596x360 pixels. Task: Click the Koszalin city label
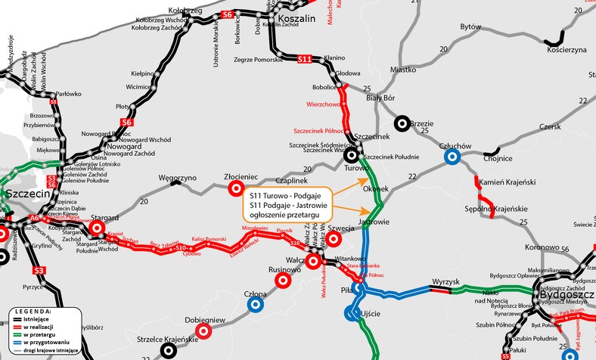(x=303, y=17)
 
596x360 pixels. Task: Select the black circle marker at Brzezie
(x=402, y=123)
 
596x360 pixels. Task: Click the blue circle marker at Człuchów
(x=452, y=157)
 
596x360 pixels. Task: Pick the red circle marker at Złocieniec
(x=235, y=188)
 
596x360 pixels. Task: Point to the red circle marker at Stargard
(x=97, y=228)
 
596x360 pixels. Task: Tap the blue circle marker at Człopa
(x=256, y=304)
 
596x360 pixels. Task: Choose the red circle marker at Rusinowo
(x=283, y=280)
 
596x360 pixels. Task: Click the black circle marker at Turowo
(x=352, y=156)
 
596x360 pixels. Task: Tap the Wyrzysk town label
(x=445, y=282)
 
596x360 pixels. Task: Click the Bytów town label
(x=470, y=26)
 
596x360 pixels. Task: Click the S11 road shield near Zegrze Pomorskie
(x=305, y=58)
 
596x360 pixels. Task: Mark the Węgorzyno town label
(x=177, y=175)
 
